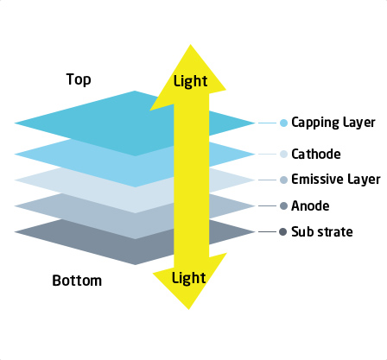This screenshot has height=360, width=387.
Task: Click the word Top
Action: tap(79, 79)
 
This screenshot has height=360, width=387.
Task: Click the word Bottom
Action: tap(77, 281)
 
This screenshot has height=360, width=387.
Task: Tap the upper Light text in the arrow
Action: tap(190, 81)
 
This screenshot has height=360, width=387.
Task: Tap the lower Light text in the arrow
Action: tap(188, 278)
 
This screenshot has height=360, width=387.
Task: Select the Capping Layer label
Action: tap(333, 123)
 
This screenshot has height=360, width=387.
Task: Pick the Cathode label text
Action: tap(316, 154)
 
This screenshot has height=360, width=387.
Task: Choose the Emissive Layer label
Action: tap(336, 180)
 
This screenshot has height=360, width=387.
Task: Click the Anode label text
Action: tap(310, 205)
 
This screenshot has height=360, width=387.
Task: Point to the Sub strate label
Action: tap(322, 231)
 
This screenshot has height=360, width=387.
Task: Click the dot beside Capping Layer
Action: tap(283, 123)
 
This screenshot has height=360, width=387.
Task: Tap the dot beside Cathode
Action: tap(283, 154)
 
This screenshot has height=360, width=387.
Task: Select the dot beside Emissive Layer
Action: tap(283, 180)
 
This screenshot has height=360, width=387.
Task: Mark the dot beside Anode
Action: tap(283, 205)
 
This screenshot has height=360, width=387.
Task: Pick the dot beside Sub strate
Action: tap(283, 231)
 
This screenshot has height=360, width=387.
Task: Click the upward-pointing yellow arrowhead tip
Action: tap(190, 45)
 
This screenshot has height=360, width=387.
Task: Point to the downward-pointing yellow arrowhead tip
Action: tap(188, 309)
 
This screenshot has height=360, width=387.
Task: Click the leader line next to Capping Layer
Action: tap(267, 123)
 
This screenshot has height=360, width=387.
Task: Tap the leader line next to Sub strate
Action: tap(267, 231)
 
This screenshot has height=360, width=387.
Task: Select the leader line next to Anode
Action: tap(267, 205)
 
